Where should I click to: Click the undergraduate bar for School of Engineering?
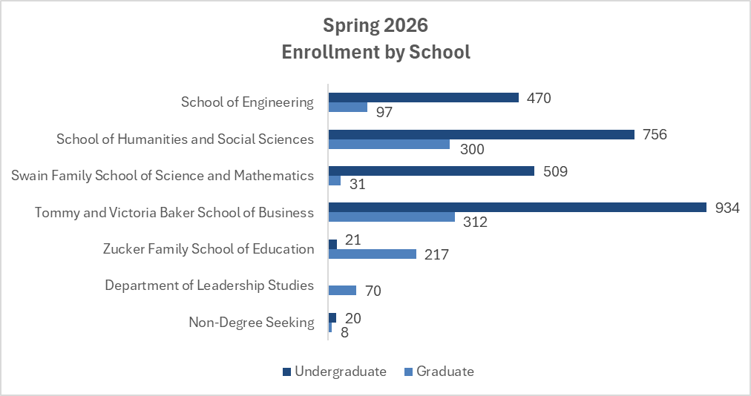(x=423, y=98)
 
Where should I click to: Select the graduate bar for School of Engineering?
(x=348, y=107)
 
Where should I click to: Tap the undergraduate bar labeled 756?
(x=481, y=134)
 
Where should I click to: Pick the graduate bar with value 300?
(x=389, y=144)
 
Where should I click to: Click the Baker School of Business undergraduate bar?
(x=516, y=208)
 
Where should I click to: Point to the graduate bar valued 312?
(x=391, y=217)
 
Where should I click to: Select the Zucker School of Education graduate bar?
(x=372, y=254)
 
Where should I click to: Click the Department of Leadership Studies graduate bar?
(x=342, y=290)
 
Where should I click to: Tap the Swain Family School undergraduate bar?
(x=431, y=171)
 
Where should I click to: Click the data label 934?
(x=727, y=208)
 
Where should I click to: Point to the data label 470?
(x=539, y=98)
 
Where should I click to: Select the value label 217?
(x=436, y=254)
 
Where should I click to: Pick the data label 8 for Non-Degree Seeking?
(x=344, y=332)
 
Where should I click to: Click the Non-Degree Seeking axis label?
(x=251, y=323)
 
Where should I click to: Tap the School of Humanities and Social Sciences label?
(x=185, y=139)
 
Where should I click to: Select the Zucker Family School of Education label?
(x=209, y=249)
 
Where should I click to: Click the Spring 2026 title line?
(x=375, y=25)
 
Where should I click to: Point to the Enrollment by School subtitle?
(x=375, y=53)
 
